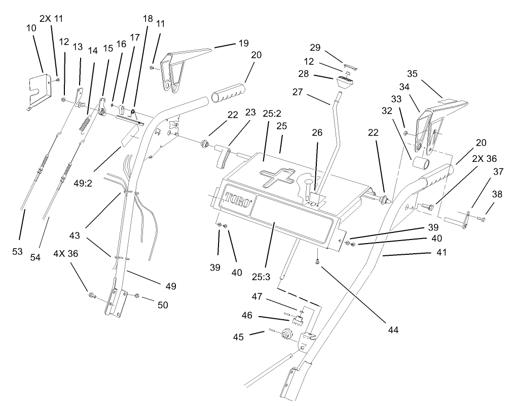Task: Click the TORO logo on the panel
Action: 239,198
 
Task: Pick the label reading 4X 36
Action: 66,254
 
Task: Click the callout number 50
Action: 162,304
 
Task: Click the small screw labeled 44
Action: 317,262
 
